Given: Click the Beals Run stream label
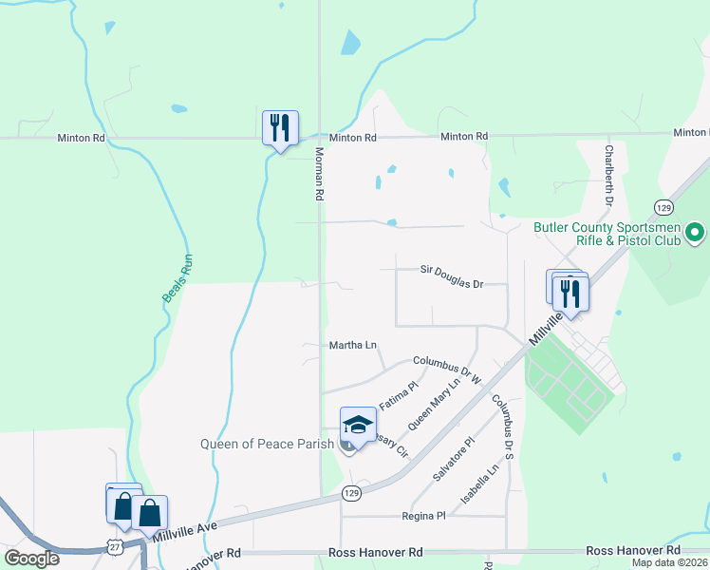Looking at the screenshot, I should [177, 281].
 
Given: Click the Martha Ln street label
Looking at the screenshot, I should [353, 345].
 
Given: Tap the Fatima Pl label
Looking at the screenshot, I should [399, 397].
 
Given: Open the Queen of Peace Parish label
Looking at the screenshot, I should [267, 444].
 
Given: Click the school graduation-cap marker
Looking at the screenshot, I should [358, 426].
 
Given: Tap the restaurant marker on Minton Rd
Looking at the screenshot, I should [280, 128].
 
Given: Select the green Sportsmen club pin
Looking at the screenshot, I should [695, 232].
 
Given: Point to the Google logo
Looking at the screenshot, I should [31, 559].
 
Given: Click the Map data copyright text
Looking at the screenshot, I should [669, 562].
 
